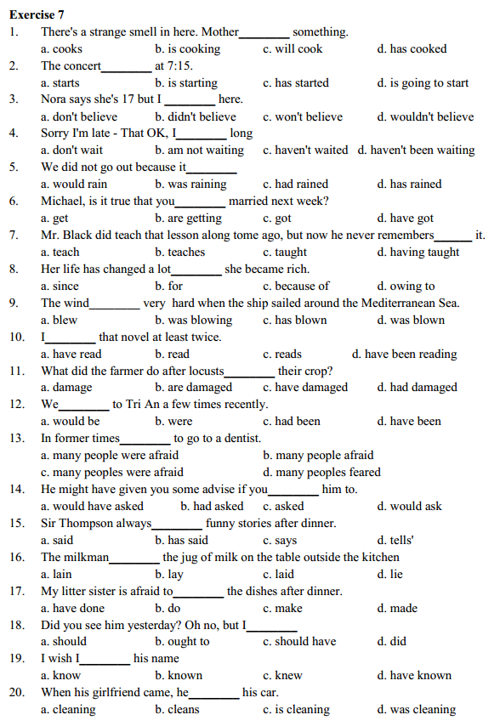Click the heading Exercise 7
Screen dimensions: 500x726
(37, 14)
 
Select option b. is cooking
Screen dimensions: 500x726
(187, 48)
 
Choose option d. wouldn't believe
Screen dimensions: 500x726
(425, 116)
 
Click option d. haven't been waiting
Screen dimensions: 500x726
(416, 150)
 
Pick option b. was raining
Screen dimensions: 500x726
(190, 184)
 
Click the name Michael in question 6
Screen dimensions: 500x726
(64, 201)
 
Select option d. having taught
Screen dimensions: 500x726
(418, 252)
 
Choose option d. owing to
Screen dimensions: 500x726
(406, 286)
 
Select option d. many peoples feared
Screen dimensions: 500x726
(322, 473)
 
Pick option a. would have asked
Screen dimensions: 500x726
(93, 507)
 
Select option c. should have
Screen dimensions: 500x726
(299, 642)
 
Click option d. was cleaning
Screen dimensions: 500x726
(416, 710)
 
